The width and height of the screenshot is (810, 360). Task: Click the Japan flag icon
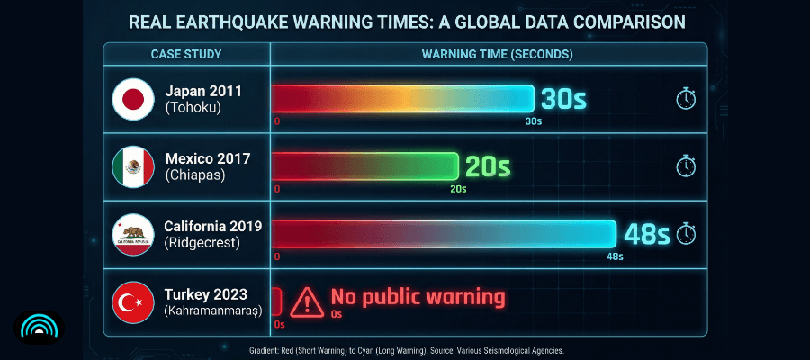pos(133,99)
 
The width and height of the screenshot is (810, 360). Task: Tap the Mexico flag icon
pos(133,166)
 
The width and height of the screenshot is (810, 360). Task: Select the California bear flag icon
pos(133,234)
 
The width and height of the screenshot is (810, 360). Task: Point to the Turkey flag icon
pos(133,302)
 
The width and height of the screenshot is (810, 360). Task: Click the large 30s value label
pos(563,99)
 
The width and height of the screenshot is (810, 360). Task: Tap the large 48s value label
pos(647,235)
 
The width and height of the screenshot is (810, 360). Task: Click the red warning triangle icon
pos(308,299)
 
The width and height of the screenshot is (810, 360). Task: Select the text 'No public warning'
pos(418,296)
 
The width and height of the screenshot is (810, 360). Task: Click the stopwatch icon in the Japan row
pos(686,99)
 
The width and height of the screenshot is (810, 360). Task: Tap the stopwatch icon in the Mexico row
pos(686,166)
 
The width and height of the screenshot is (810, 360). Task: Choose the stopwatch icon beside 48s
pos(686,234)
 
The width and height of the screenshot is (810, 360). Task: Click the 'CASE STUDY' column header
pos(186,54)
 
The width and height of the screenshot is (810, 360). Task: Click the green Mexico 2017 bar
pos(364,166)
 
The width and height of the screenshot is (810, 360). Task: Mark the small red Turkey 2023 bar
pos(276,300)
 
